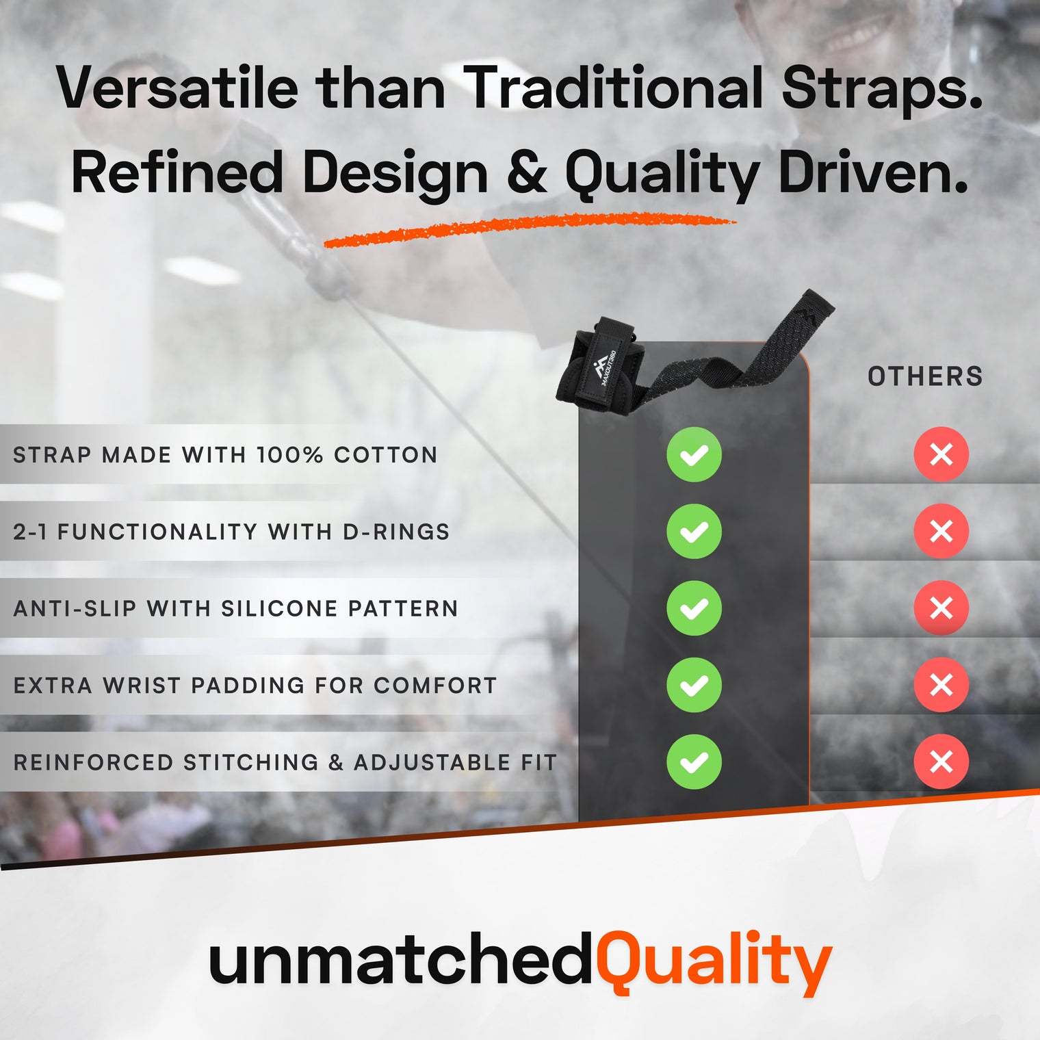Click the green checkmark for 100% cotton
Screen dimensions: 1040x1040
(x=694, y=454)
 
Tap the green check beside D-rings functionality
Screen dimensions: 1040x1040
(x=694, y=531)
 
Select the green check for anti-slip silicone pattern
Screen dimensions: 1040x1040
(x=694, y=608)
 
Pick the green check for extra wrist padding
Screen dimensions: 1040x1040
(x=694, y=685)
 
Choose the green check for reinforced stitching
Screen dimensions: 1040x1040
(x=694, y=762)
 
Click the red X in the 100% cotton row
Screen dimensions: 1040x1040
(x=941, y=454)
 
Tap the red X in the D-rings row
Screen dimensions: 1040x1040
(x=941, y=531)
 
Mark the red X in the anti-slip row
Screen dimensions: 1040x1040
(x=941, y=608)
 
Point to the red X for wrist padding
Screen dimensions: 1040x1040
(x=941, y=685)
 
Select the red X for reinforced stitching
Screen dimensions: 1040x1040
(x=941, y=762)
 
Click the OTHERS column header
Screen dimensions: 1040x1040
(x=925, y=376)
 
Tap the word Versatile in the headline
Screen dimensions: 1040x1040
(x=178, y=89)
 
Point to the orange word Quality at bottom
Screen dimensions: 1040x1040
(x=714, y=961)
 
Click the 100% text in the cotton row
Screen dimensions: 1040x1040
(x=289, y=455)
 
